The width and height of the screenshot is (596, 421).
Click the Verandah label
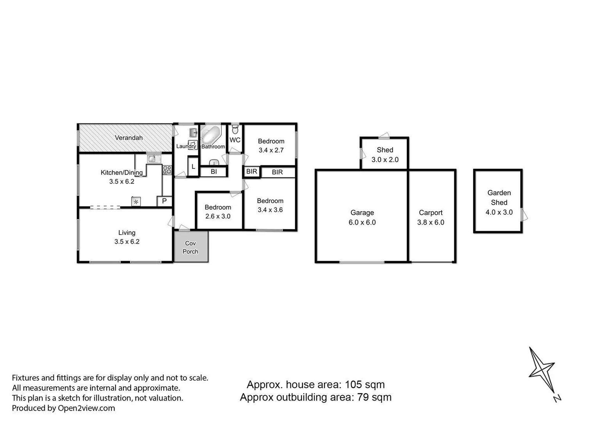[x=128, y=138]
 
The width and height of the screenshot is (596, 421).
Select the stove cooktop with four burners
[x=167, y=170]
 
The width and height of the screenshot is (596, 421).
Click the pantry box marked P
[x=164, y=201]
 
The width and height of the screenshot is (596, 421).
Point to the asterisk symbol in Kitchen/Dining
[x=136, y=202]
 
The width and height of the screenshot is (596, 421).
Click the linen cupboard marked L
[x=193, y=167]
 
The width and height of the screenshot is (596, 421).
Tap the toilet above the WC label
[x=235, y=129]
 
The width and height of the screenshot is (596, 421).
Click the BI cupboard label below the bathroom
[x=213, y=172]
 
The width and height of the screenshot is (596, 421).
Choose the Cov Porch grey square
[x=190, y=247]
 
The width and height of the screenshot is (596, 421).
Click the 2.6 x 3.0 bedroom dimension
[x=218, y=216]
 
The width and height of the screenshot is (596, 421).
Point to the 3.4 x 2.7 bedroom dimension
[x=271, y=150]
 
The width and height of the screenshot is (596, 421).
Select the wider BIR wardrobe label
[x=277, y=172]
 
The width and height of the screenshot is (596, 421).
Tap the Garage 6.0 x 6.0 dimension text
[x=362, y=223]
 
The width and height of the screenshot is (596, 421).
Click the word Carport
[x=431, y=212]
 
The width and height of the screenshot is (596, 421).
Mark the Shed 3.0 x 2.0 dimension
[x=385, y=159]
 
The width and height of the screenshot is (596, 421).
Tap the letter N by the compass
[x=557, y=398]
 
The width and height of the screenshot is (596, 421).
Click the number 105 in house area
[x=353, y=385]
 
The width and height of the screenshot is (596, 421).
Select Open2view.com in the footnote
[x=86, y=408]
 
